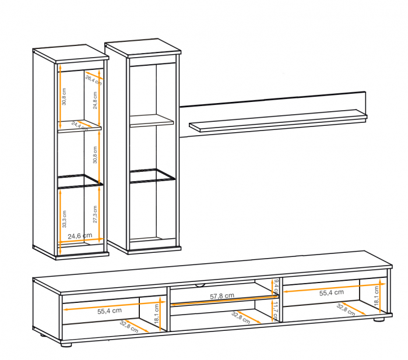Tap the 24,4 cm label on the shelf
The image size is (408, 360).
78,124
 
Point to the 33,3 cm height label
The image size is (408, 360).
64,218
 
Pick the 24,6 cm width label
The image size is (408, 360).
80,235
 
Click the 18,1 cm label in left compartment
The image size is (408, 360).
157,314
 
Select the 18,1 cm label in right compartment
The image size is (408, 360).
377,301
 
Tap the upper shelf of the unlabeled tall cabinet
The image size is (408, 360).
152,121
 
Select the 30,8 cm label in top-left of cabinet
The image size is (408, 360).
64,96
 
